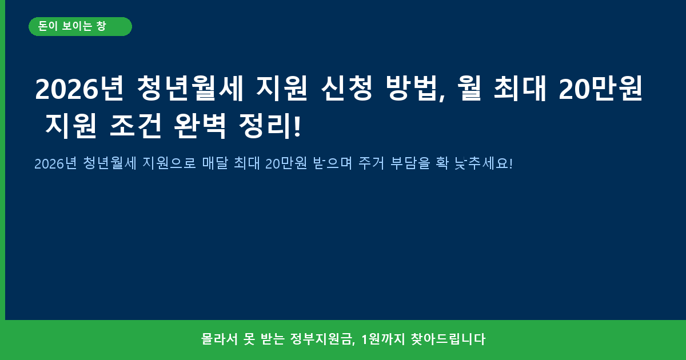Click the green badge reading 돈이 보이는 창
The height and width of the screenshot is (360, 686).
pos(80,27)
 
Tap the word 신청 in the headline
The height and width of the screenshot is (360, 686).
pos(347,89)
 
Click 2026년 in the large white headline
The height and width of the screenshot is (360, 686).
pos(79,89)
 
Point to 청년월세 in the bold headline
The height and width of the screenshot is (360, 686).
pos(190,89)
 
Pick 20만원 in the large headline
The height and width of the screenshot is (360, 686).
pos(601,89)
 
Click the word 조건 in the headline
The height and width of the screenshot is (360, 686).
pos(135,126)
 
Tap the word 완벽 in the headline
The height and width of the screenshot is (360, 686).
pos(200,126)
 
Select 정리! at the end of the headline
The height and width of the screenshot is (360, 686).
pos(270,126)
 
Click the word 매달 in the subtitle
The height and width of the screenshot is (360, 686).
pos(216,163)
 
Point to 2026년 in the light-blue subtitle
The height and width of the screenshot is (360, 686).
pos(56,163)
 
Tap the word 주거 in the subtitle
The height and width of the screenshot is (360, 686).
pos(371,163)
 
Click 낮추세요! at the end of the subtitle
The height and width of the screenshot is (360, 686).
pos(483,163)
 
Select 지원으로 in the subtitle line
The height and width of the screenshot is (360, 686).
pos(169,163)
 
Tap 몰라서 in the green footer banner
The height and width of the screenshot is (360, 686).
pos(220,339)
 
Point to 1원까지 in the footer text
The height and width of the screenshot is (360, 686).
pos(383,339)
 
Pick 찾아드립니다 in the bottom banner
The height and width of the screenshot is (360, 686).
pos(448,339)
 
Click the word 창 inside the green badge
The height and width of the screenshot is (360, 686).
pos(101,26)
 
